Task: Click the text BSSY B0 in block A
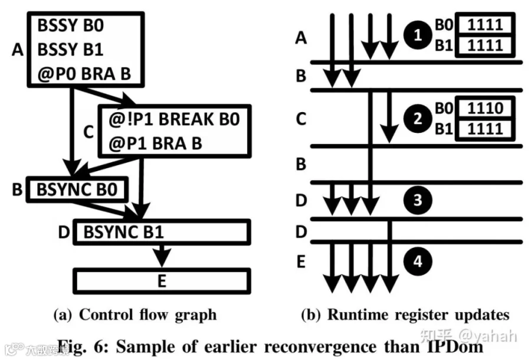point(70,26)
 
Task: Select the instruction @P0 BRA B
point(84,74)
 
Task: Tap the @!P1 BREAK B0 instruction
point(174,119)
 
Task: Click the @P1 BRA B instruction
point(155,143)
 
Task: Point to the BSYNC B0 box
point(77,189)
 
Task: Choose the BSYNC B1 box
point(162,233)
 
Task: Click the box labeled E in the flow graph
point(162,281)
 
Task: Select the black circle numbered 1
point(418,35)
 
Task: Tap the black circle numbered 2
point(418,119)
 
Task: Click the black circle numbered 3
point(418,200)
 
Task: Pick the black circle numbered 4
point(418,261)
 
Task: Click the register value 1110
point(485,109)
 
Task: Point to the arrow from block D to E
point(162,256)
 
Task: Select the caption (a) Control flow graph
point(135,315)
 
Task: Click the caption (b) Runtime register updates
point(405,315)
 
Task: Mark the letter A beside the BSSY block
point(18,50)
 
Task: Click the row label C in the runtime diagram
point(301,119)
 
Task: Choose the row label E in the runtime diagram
point(301,261)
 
